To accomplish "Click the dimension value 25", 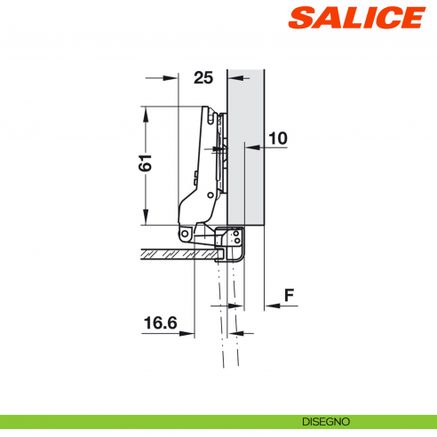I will [x=203, y=78].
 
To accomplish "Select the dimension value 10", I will [x=278, y=139].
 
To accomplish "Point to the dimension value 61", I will [x=147, y=163].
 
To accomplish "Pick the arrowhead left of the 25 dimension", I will [x=170, y=78].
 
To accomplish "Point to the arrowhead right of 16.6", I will [x=188, y=333].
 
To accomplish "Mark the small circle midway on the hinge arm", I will [x=217, y=150].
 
